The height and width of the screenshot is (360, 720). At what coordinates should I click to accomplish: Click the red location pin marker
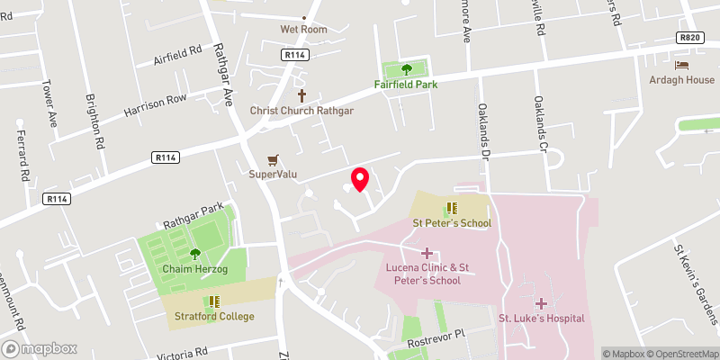point(360,179)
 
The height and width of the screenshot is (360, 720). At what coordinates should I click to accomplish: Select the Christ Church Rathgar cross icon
point(301,94)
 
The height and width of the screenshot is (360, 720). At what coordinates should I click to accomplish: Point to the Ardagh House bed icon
point(681,64)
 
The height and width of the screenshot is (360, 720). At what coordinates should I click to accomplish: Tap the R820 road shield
point(689,38)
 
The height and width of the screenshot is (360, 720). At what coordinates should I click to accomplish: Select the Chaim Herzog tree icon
point(194,254)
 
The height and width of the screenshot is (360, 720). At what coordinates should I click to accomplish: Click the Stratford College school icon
point(214,301)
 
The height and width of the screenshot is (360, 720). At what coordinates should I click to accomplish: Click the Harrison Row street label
point(155,105)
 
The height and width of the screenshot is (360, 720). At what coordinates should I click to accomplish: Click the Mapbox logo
point(40,348)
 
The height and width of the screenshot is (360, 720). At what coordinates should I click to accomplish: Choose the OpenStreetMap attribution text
point(679,353)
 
